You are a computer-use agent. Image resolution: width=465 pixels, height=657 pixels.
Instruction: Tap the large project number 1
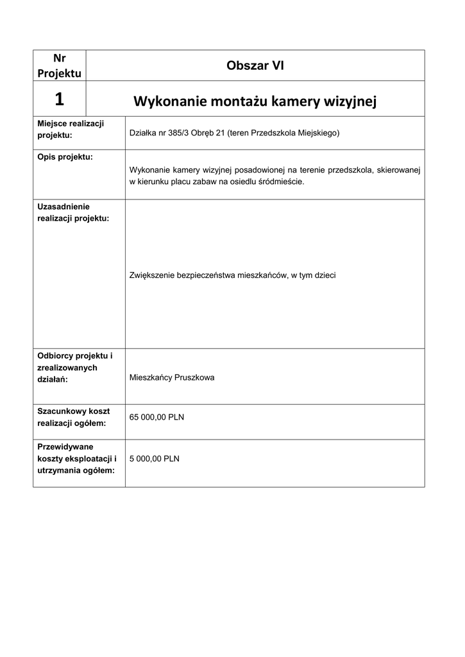(59, 99)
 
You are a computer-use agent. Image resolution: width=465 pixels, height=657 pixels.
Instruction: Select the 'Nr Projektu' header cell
(59, 65)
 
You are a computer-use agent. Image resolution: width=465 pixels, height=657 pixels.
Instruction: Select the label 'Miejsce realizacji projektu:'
(71, 129)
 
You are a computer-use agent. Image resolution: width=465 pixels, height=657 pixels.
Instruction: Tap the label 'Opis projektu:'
(65, 157)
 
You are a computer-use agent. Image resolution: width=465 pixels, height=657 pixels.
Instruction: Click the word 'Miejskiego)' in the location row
(317, 133)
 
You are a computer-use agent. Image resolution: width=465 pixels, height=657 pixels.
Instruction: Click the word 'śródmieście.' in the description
(282, 182)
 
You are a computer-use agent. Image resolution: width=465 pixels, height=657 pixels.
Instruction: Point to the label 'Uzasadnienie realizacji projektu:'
(73, 212)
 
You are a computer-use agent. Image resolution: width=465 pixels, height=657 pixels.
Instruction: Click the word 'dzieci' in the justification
(325, 275)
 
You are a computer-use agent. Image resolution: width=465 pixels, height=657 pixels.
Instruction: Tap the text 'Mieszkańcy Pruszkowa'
(172, 378)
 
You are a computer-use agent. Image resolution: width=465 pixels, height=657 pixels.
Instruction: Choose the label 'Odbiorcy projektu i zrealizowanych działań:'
(74, 367)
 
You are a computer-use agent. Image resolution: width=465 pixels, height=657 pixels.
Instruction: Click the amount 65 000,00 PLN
(156, 417)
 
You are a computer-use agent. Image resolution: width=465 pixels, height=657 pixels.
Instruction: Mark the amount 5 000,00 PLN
(155, 459)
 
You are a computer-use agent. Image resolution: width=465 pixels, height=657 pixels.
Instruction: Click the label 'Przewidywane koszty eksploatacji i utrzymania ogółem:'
(76, 459)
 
